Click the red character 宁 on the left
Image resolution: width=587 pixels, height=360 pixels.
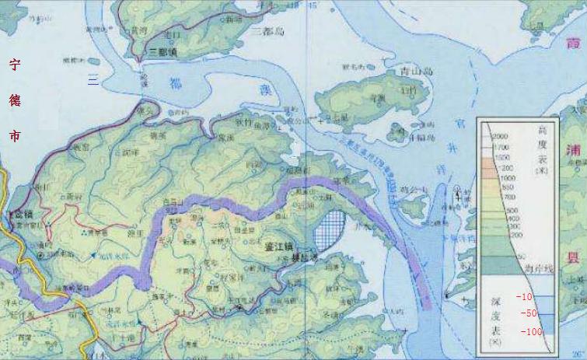click(x=14, y=65)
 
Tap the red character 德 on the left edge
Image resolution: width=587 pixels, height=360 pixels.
click(x=14, y=101)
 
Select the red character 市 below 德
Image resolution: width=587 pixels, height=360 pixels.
click(x=14, y=135)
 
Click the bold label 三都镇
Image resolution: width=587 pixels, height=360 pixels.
click(x=163, y=51)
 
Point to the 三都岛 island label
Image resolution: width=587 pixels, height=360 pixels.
click(x=269, y=32)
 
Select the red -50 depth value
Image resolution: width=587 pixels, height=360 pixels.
click(x=529, y=313)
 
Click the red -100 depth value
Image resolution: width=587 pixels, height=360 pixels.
click(x=531, y=332)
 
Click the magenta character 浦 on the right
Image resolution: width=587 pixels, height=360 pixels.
click(x=575, y=150)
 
